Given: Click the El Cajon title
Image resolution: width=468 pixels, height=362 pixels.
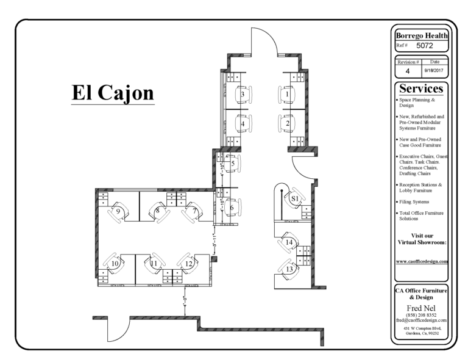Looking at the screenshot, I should pyautogui.click(x=113, y=93).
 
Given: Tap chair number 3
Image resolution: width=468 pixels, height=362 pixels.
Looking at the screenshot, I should pyautogui.click(x=243, y=95).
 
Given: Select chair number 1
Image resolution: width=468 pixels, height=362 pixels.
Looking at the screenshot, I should pyautogui.click(x=288, y=95).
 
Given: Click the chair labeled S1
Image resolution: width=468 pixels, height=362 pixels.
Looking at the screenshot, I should pyautogui.click(x=295, y=198).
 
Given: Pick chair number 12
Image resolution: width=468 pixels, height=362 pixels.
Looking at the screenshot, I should pyautogui.click(x=189, y=263).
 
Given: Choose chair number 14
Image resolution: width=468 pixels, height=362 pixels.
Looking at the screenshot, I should pyautogui.click(x=289, y=243).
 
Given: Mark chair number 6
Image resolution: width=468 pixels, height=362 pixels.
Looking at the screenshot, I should pyautogui.click(x=232, y=208).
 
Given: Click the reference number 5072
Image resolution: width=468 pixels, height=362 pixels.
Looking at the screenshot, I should pyautogui.click(x=425, y=46).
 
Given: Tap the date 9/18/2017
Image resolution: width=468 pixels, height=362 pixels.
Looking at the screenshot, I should pyautogui.click(x=434, y=71).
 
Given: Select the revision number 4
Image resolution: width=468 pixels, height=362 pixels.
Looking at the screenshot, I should pyautogui.click(x=408, y=71).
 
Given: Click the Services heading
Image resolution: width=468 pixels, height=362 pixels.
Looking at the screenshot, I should pyautogui.click(x=422, y=89).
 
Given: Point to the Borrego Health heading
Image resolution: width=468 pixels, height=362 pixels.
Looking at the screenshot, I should pyautogui.click(x=422, y=35).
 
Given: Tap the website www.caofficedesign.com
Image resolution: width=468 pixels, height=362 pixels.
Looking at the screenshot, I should pyautogui.click(x=422, y=261).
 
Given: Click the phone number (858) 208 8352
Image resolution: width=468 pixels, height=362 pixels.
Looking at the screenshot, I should pyautogui.click(x=422, y=314).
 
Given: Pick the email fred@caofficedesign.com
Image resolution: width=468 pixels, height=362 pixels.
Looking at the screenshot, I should pyautogui.click(x=422, y=320).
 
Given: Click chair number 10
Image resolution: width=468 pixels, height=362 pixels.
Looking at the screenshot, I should pyautogui.click(x=115, y=263).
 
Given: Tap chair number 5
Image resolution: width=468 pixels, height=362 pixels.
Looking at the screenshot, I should pyautogui.click(x=232, y=164).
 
